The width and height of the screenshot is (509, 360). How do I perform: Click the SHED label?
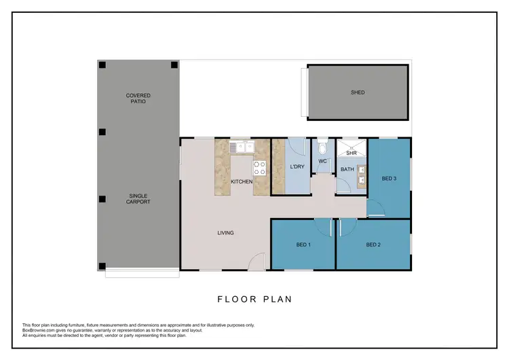coord(358,92)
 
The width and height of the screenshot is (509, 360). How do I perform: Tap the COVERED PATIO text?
coord(138,98)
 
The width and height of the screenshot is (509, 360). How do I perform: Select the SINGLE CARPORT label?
coord(139,198)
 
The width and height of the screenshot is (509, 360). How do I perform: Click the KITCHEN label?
coord(242,182)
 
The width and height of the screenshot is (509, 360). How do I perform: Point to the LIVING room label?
coord(225,233)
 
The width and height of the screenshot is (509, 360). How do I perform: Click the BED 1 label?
coord(303,245)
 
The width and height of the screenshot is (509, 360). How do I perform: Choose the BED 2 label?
coord(373,245)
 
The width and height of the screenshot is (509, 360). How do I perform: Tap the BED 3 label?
coord(389,179)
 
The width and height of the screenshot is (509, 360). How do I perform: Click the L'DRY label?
coord(297,167)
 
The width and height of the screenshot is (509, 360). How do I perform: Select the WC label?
coord(323,161)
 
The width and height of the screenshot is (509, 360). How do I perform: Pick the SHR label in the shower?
coord(351,154)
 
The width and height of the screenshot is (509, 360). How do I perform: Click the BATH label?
coord(347,169)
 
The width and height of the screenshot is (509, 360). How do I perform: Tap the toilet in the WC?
coord(323,146)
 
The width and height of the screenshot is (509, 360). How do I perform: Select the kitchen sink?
coord(241,146)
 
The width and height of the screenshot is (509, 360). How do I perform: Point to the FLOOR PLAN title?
coord(254,299)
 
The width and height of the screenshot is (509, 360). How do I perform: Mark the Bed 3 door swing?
coord(377,206)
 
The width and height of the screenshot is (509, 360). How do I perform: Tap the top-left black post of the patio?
coord(102,65)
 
